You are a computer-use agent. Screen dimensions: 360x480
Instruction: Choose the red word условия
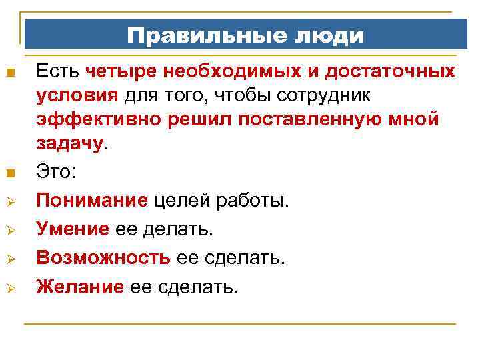pos(78,95)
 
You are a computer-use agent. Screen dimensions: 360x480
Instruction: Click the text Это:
pos(57,172)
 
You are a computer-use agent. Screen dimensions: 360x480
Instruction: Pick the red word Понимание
pos(92,201)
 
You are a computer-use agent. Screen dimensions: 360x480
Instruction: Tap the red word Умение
pos(73,229)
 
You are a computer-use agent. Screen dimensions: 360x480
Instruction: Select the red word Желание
pos(80,287)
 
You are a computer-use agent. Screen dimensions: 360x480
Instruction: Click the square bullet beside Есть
pos(9,72)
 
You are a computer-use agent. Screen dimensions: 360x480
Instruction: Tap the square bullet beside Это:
pos(9,174)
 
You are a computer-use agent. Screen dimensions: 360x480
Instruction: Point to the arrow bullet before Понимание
pos(9,201)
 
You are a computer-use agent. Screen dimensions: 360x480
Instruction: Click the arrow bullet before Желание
pos(9,288)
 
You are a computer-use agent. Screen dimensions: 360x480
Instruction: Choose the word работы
pos(254,201)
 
